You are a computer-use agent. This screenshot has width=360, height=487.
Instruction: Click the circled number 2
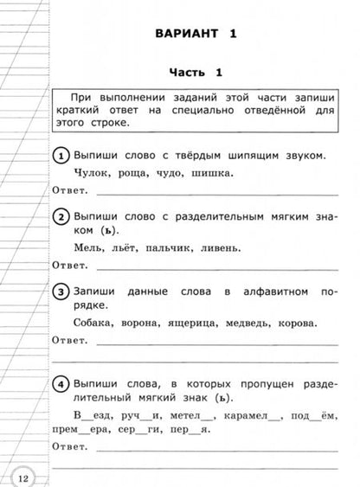point(61,216)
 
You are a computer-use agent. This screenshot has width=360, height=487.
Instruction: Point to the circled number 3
point(61,291)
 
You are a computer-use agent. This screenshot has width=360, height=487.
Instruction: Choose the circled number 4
point(61,382)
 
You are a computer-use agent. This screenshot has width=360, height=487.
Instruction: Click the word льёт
point(119,247)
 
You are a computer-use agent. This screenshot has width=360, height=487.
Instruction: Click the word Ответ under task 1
point(71,190)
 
